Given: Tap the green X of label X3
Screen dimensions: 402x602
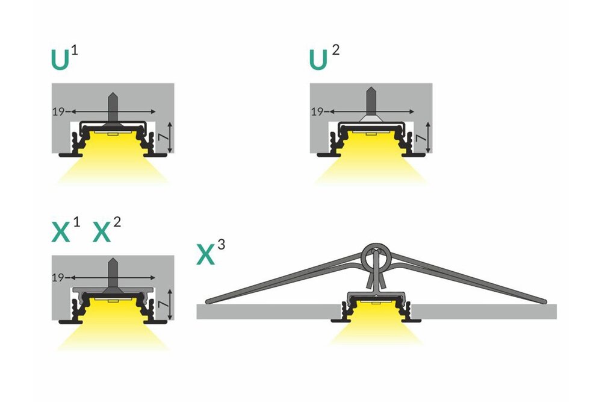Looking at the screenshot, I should point(206,254).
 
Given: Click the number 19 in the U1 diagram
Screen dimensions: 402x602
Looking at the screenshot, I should point(58,111).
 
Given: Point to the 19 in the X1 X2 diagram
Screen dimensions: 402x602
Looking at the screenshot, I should point(58,278).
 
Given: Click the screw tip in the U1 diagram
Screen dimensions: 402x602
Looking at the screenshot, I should point(113,94).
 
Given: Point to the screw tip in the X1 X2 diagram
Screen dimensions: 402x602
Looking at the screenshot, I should point(113,261).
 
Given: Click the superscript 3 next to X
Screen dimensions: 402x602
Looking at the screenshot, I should point(222,245).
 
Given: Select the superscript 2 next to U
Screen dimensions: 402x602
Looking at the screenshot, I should point(335,49).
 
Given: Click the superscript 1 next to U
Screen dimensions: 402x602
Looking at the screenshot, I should point(74,49).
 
